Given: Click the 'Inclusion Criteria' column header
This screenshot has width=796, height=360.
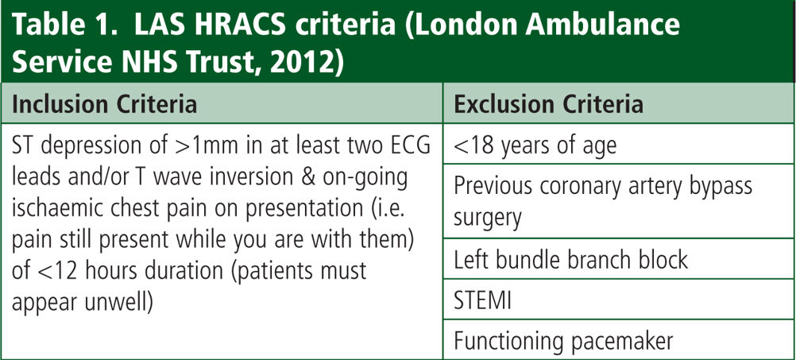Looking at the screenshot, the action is point(103,105).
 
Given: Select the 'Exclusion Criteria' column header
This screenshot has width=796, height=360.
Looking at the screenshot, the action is point(548,105).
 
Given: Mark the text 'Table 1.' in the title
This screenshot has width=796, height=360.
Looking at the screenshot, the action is point(65,25).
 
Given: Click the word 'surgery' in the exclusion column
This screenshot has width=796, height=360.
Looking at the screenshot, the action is point(487,219).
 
